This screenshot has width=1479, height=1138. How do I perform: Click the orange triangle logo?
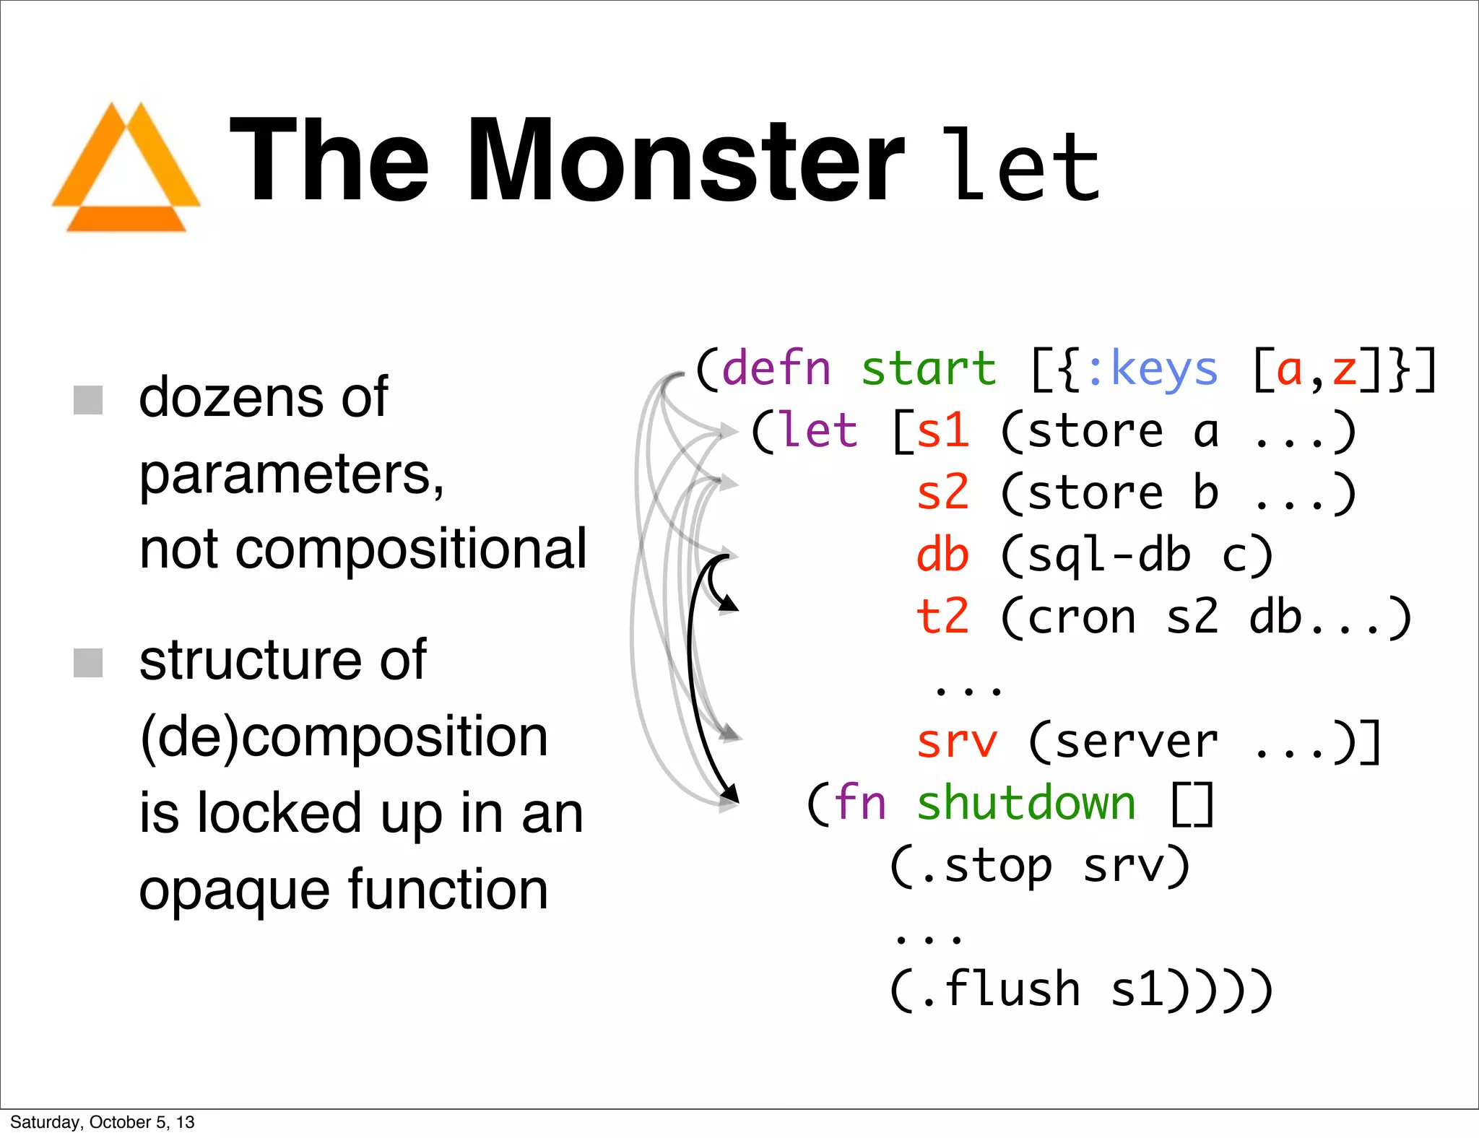126,170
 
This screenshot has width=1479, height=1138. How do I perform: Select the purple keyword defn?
776,369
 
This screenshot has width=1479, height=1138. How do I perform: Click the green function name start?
928,369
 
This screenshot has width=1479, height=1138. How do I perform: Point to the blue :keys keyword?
1151,369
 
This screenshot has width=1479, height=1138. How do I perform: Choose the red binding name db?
942,555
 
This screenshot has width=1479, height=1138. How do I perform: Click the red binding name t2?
942,617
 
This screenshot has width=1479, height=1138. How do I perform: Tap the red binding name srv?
956,742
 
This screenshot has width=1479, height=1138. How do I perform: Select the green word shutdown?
1025,803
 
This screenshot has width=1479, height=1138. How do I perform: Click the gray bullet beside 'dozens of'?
88,400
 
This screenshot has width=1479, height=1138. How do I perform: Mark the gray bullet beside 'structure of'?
88,663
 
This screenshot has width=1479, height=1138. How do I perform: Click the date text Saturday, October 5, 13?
103,1122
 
